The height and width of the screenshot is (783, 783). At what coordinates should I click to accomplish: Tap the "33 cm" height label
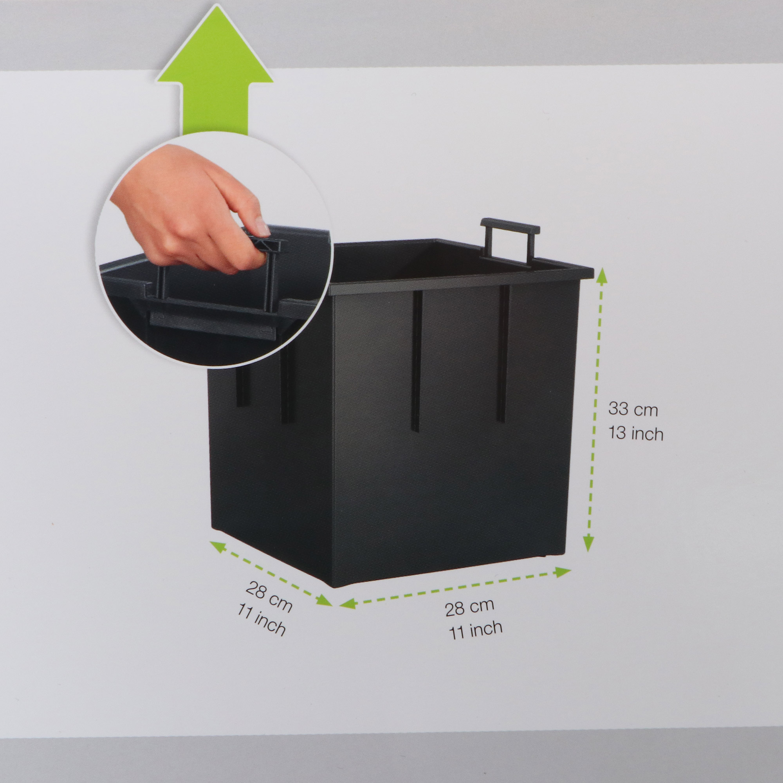(633, 409)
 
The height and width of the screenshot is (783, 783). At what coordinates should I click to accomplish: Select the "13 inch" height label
(635, 433)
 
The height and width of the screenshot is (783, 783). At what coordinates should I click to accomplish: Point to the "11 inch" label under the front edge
(475, 630)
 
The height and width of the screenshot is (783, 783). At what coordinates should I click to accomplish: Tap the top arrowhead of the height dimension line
(601, 276)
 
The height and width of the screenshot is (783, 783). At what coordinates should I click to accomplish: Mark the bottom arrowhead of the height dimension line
(588, 543)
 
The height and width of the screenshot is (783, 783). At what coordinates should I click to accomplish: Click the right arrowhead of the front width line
(563, 572)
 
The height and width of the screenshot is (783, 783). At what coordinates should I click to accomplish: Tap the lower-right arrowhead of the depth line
(324, 600)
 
